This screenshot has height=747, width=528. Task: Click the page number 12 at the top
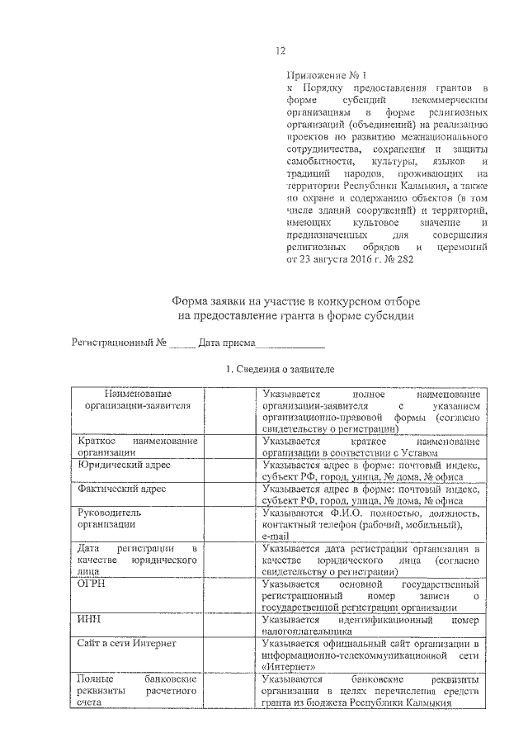[280, 51]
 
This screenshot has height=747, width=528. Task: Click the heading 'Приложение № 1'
[322, 74]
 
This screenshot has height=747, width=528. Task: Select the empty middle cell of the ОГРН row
[229, 594]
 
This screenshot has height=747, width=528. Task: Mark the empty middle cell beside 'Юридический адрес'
[229, 470]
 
